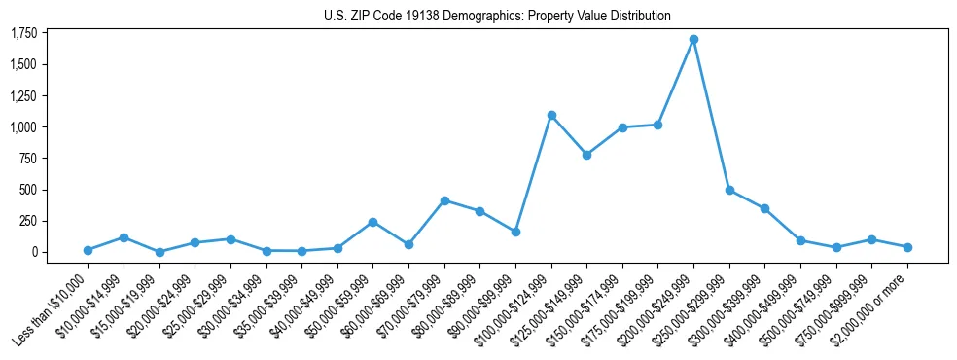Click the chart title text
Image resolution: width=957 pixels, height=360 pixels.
(497, 17)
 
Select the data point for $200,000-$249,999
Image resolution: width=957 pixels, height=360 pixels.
(693, 40)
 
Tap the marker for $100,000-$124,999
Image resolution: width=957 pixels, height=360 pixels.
(551, 116)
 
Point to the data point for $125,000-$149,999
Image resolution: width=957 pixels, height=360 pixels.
(586, 155)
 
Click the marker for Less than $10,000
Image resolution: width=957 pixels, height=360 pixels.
(88, 250)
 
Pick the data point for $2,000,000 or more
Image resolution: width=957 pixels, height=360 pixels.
(907, 247)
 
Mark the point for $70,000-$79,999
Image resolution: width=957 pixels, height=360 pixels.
(444, 200)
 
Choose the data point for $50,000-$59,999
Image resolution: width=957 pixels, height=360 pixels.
(372, 222)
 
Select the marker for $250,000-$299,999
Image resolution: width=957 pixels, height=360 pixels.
(729, 190)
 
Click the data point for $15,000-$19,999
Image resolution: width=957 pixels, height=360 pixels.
(159, 252)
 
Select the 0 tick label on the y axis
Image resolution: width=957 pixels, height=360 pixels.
(35, 252)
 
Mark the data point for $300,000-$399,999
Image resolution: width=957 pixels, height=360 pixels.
(765, 208)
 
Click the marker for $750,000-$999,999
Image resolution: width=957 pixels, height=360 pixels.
(872, 239)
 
